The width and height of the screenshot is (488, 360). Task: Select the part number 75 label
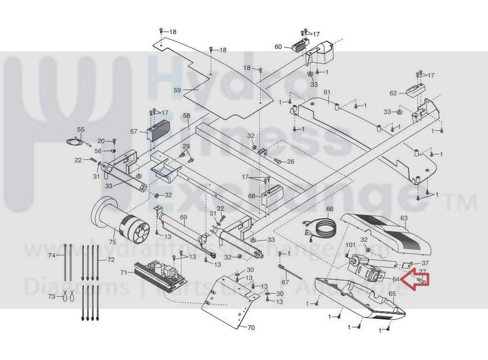(113, 243)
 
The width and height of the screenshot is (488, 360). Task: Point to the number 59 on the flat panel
(177, 90)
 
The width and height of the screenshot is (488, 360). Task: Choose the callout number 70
(251, 328)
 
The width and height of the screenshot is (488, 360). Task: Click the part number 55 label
(81, 129)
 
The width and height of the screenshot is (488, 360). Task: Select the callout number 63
(404, 218)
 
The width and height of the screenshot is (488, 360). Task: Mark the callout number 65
(392, 293)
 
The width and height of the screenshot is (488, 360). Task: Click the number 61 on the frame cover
(327, 92)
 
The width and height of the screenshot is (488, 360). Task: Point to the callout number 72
(111, 259)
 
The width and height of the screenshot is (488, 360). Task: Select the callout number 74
(52, 255)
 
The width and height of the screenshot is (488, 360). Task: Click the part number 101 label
(351, 245)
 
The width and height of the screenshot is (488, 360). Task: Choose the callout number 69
(183, 217)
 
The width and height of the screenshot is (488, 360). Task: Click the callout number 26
(290, 162)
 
